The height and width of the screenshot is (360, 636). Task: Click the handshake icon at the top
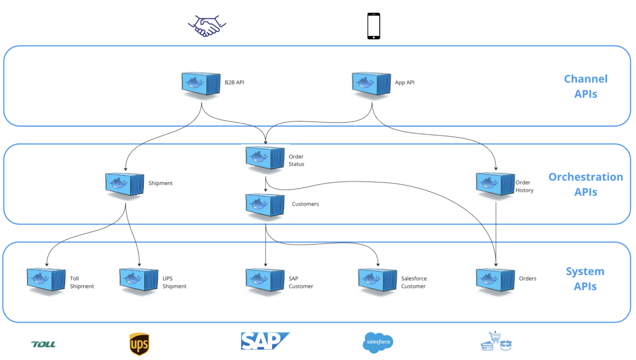click(207, 26)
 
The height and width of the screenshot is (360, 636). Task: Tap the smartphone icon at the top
click(374, 26)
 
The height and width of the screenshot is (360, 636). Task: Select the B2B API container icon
click(200, 84)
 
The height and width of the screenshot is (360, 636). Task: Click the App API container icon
click(371, 84)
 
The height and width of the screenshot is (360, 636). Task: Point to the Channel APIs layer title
click(585, 86)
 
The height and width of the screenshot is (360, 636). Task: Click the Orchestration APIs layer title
click(585, 184)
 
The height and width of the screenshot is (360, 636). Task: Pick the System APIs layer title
click(585, 278)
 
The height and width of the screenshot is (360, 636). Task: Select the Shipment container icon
click(125, 184)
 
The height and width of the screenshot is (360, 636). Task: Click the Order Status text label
click(296, 160)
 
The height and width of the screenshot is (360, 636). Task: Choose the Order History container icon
click(495, 184)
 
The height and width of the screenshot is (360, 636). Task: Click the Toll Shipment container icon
click(46, 280)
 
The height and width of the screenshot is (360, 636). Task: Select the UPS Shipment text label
click(174, 282)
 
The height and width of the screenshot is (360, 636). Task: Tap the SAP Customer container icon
click(265, 280)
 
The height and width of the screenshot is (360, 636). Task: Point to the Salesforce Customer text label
click(414, 282)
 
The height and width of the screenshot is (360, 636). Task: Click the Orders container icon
click(495, 280)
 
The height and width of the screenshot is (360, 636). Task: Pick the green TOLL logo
click(43, 344)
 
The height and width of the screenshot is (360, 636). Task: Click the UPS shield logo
click(139, 344)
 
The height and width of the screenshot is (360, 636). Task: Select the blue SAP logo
click(264, 342)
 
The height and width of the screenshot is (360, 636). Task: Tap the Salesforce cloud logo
click(378, 342)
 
